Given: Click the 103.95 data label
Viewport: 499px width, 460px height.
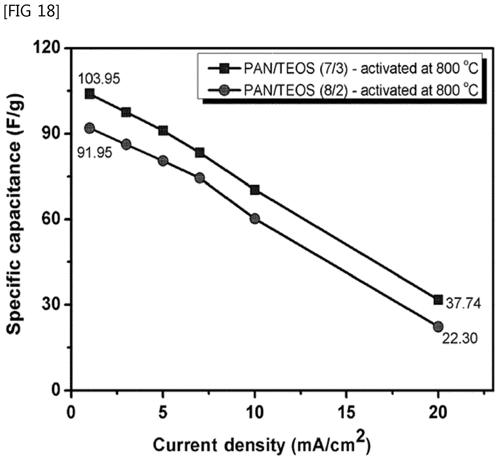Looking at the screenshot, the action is [x=99, y=79].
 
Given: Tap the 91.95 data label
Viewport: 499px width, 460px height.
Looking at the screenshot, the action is [x=95, y=153].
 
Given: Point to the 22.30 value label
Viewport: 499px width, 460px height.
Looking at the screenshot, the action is [x=460, y=338].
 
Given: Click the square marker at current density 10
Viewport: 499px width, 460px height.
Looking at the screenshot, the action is [x=255, y=190].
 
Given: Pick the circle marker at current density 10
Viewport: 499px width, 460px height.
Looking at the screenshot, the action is [x=255, y=219].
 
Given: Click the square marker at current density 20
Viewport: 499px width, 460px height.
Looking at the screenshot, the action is [x=438, y=300].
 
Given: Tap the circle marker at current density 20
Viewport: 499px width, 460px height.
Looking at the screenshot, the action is [x=438, y=327].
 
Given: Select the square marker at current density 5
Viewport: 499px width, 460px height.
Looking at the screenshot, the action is [x=163, y=130].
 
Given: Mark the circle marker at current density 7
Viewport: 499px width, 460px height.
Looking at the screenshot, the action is [x=200, y=178].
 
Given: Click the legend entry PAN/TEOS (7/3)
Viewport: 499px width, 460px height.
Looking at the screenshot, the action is [x=343, y=68].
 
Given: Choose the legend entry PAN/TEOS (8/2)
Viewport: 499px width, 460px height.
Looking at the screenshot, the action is [x=343, y=90].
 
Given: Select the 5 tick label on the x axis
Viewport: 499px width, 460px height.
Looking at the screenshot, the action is [x=163, y=412].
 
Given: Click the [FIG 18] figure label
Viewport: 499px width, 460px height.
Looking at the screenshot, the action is [x=31, y=11].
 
